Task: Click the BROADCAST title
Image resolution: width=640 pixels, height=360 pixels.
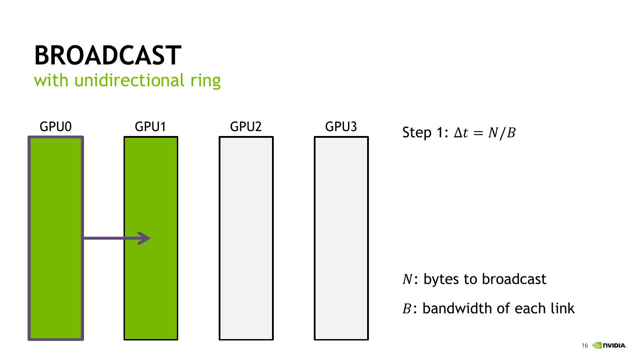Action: point(108,55)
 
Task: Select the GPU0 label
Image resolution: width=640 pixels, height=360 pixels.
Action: point(56,127)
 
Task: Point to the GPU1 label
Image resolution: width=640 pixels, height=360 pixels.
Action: point(150,127)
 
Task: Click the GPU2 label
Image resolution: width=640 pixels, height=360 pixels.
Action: point(246,127)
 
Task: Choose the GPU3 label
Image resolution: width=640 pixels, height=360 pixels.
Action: point(341,127)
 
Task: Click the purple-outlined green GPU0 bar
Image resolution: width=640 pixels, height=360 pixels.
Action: point(56,238)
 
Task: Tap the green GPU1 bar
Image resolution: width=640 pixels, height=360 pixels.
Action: point(151,238)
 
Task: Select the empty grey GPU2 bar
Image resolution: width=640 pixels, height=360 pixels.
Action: point(246,238)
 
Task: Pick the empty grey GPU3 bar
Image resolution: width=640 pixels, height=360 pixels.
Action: point(341,238)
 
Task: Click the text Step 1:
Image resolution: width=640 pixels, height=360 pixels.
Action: point(425,132)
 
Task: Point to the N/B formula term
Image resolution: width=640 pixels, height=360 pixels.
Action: point(502,133)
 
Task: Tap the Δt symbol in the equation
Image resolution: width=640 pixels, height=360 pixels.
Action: point(461,132)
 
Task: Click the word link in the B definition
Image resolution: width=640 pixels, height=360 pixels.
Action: point(563,308)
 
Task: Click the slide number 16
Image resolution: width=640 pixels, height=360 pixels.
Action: point(584,346)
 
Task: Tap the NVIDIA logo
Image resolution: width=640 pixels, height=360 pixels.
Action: point(609,345)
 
